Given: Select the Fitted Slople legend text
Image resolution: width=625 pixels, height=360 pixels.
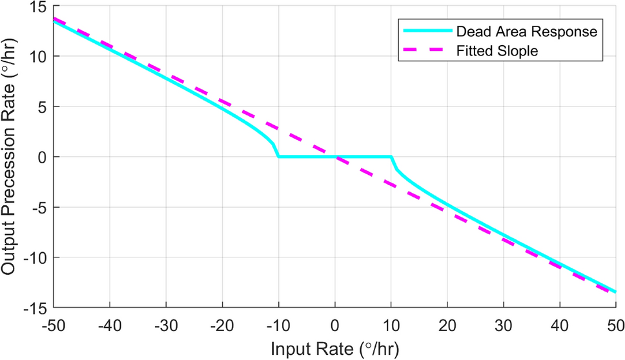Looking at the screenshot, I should click(x=497, y=50).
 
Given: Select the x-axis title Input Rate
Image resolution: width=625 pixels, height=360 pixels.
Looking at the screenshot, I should click(x=334, y=348).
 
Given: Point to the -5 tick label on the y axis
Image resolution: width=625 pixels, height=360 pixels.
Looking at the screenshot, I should click(x=37, y=207).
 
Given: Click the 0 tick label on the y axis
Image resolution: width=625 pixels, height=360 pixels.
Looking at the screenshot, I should click(x=40, y=157).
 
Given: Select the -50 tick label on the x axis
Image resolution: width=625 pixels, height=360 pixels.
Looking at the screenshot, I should click(x=54, y=322).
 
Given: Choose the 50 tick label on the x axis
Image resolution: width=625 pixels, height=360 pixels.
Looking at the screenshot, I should click(x=615, y=322).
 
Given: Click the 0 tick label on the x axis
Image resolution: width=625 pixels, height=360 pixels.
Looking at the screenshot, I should click(x=334, y=322).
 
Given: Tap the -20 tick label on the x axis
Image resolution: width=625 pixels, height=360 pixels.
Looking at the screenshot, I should click(x=222, y=322).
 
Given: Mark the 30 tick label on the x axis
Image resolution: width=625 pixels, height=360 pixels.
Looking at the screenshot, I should click(x=503, y=322).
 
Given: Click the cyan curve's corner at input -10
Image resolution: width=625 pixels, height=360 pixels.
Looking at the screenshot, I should click(x=278, y=156).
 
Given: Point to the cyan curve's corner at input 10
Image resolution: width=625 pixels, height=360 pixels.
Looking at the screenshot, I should click(x=391, y=156).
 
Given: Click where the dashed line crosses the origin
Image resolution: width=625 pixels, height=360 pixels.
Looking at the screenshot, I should click(x=334, y=157).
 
